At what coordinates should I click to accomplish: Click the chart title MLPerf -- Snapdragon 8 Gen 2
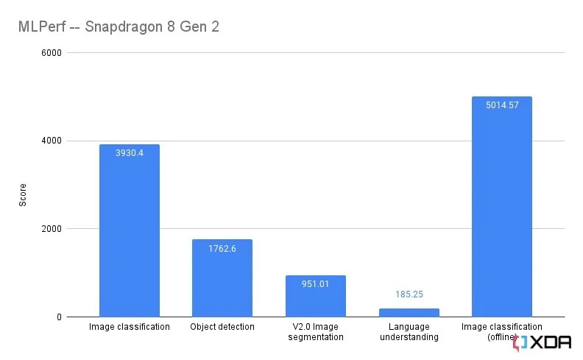[119, 27]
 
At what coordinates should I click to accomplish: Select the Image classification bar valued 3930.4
[130, 236]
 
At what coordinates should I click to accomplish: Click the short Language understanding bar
[409, 313]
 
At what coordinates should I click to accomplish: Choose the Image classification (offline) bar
[501, 213]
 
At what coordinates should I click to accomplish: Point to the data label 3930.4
[130, 153]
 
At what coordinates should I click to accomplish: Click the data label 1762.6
[222, 248]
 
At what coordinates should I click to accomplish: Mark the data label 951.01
[316, 284]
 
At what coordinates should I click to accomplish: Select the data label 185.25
[409, 294]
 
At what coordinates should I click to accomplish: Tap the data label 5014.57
[502, 105]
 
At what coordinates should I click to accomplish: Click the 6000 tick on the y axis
[52, 53]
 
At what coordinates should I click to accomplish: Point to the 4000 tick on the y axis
[52, 141]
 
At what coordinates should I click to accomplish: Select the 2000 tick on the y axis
[52, 229]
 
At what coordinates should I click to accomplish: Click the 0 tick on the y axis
[58, 317]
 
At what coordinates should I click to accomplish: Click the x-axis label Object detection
[222, 327]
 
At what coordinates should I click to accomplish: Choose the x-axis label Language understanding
[409, 332]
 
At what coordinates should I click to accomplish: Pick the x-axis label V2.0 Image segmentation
[316, 332]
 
